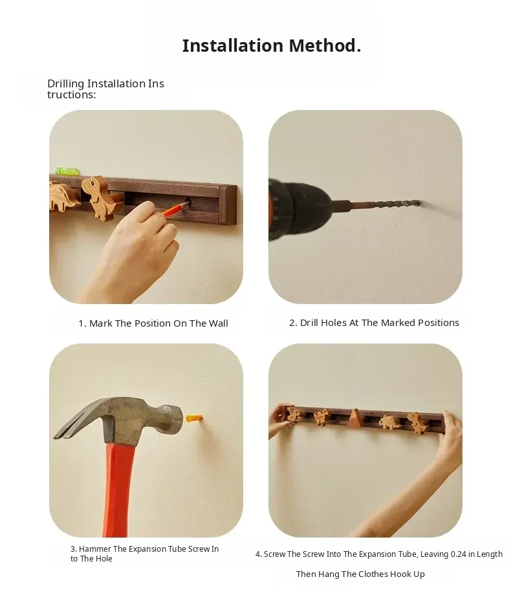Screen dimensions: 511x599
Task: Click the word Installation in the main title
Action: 234,45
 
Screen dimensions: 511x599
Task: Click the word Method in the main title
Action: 322,45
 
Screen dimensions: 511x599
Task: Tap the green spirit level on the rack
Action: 67,171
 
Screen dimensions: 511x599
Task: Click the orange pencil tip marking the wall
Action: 186,203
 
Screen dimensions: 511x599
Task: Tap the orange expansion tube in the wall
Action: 193,418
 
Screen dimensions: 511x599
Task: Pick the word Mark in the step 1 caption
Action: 101,323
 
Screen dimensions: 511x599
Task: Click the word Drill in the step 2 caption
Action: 309,323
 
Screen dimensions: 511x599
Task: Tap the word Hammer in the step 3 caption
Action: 94,549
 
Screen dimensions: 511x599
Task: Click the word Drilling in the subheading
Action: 66,84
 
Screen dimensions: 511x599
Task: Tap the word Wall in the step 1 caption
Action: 218,323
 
